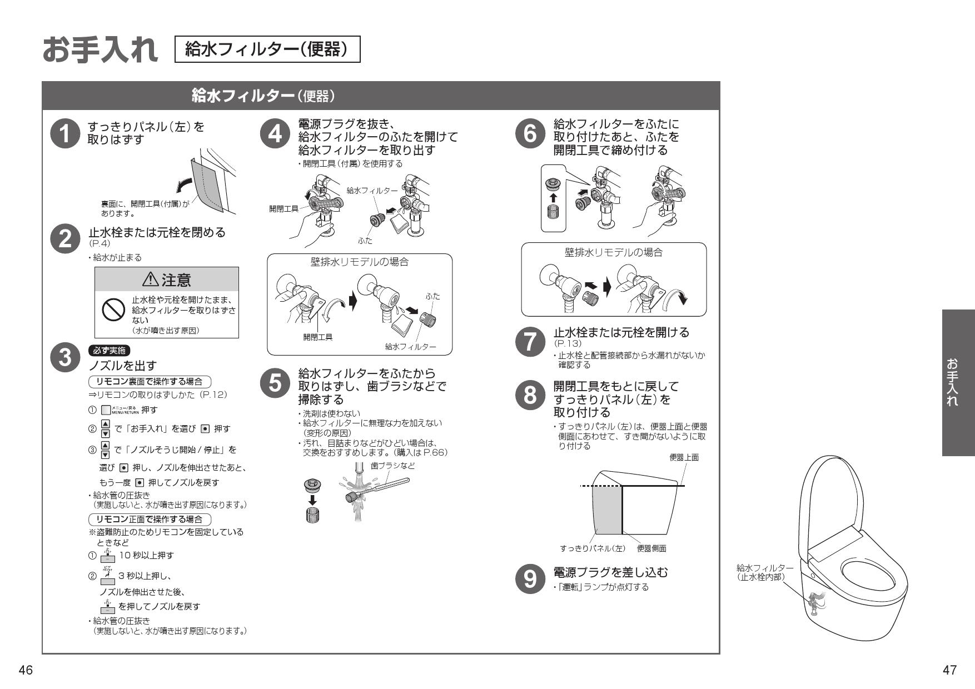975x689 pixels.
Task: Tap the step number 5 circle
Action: pyautogui.click(x=275, y=384)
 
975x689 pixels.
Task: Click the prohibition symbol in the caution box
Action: pyautogui.click(x=113, y=309)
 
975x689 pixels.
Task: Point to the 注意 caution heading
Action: pyautogui.click(x=167, y=279)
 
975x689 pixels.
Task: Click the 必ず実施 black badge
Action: pyautogui.click(x=109, y=351)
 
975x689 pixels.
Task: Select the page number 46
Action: pyautogui.click(x=26, y=670)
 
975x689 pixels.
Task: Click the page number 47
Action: pyautogui.click(x=949, y=670)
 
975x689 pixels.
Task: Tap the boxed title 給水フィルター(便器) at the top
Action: pyautogui.click(x=267, y=49)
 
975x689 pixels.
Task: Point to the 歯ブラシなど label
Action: pyautogui.click(x=392, y=466)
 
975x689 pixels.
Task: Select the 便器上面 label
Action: pyautogui.click(x=684, y=457)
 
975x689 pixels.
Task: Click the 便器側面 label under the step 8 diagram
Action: pyautogui.click(x=651, y=548)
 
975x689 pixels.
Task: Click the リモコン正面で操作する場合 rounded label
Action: pyautogui.click(x=150, y=520)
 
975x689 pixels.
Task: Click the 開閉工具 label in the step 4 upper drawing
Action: pyautogui.click(x=283, y=208)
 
